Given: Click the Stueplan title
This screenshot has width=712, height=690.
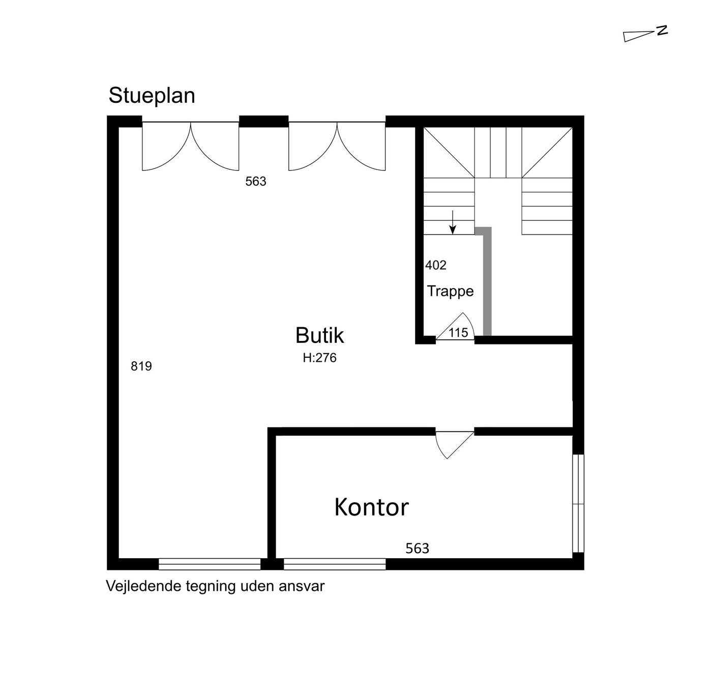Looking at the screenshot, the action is coord(152,96).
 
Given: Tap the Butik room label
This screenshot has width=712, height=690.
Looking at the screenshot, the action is coord(319,335).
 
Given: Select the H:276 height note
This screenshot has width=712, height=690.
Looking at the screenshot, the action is coord(319,358).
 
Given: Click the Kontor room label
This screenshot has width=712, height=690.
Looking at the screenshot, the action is coord(371,507).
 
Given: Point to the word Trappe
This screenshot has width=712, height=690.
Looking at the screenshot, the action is coord(450,292).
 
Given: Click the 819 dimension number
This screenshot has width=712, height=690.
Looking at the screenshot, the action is coord(141,366).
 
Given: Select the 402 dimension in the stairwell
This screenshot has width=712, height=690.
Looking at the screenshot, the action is coord(436,265).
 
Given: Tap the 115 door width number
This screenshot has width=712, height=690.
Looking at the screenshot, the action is coord(458,332).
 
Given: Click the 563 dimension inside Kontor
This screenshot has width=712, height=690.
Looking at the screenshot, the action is coord(417,548).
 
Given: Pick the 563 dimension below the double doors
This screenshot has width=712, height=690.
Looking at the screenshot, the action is coord(256,181).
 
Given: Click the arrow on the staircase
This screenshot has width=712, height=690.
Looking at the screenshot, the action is coord(453,222).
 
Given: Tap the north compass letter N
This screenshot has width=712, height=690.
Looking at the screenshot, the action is coord(662,31).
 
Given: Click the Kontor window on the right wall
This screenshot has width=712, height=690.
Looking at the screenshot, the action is coord(578,503).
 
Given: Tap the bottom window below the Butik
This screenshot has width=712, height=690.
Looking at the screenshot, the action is coord(210,564).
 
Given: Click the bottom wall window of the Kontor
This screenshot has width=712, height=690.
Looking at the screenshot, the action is coord(335,564).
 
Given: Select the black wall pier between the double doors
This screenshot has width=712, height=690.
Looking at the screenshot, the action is coord(263,121).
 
